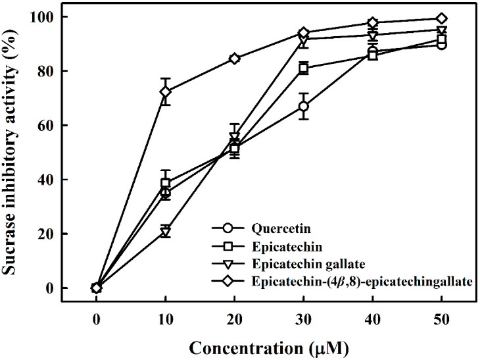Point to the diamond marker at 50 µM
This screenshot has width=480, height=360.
tap(442, 18)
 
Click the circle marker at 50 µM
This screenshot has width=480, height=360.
tap(442, 45)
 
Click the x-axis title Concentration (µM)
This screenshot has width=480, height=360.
tap(269, 346)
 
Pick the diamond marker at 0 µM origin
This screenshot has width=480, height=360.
tap(97, 288)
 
